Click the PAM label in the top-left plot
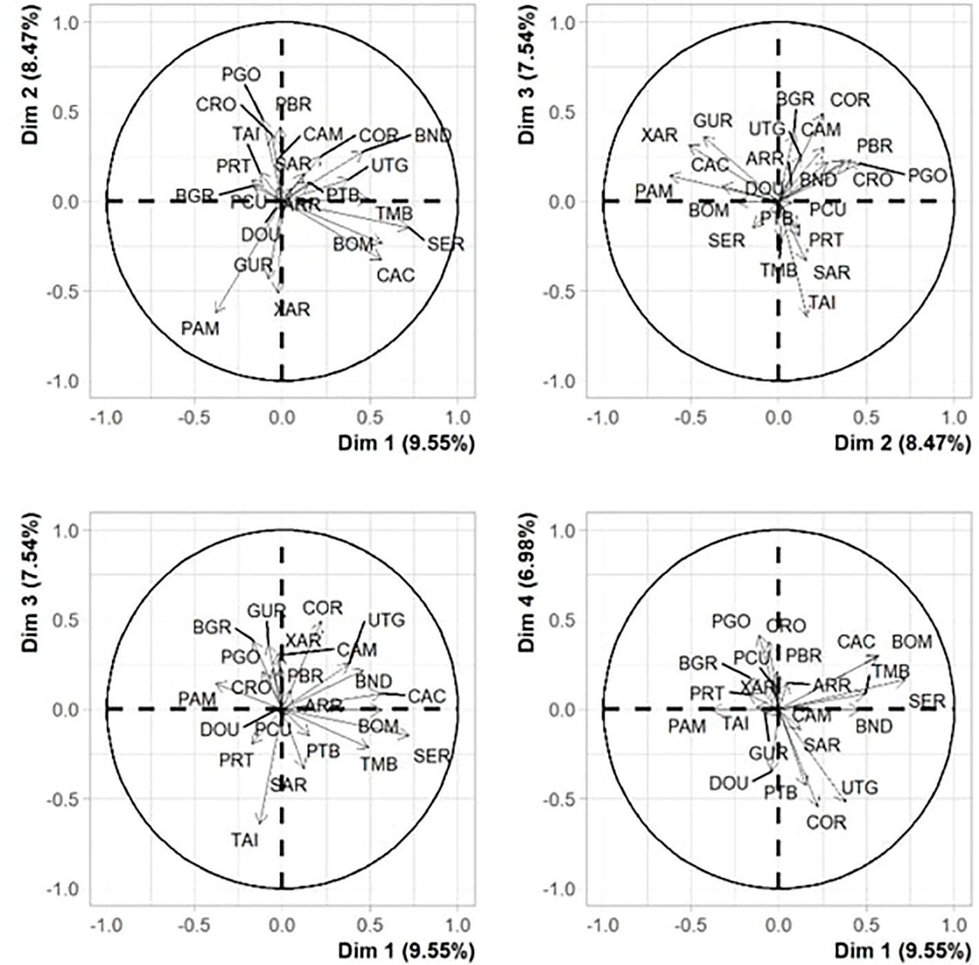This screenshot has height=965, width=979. [x=200, y=328]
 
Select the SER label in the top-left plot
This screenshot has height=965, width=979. [x=446, y=244]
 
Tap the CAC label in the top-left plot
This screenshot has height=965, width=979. [x=396, y=276]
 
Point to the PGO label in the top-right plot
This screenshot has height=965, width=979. [x=926, y=175]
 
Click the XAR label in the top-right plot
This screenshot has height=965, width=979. [x=659, y=135]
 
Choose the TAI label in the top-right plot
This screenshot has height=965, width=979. [x=821, y=302]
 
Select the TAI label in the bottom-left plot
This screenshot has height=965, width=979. [x=245, y=840]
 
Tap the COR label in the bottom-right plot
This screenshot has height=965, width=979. [x=826, y=823]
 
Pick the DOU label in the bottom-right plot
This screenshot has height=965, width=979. [x=728, y=783]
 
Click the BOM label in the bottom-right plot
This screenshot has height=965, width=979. [x=912, y=642]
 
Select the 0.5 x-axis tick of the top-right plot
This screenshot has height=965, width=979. [x=866, y=418]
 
